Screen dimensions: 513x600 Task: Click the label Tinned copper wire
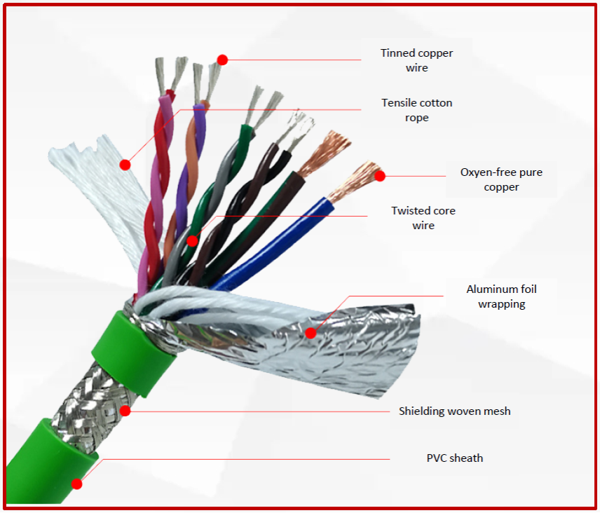[x=416, y=60]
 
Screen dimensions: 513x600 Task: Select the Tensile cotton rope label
[x=416, y=110]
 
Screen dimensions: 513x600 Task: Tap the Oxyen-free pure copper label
[x=500, y=179]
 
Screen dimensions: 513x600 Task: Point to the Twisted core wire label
[x=423, y=218]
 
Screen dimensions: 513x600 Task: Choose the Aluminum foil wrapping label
[x=501, y=296]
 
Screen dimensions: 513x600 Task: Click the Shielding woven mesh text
[x=454, y=411]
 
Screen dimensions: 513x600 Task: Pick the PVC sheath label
[x=454, y=458]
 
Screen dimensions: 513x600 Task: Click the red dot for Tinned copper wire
[x=222, y=60]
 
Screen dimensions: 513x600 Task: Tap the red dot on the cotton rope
[x=125, y=165]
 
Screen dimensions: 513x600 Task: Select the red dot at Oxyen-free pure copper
[x=380, y=176]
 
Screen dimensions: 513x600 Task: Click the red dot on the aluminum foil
[x=311, y=334]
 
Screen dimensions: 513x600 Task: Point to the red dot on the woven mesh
[x=125, y=411]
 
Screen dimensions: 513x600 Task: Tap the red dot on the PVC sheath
[x=76, y=484]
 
